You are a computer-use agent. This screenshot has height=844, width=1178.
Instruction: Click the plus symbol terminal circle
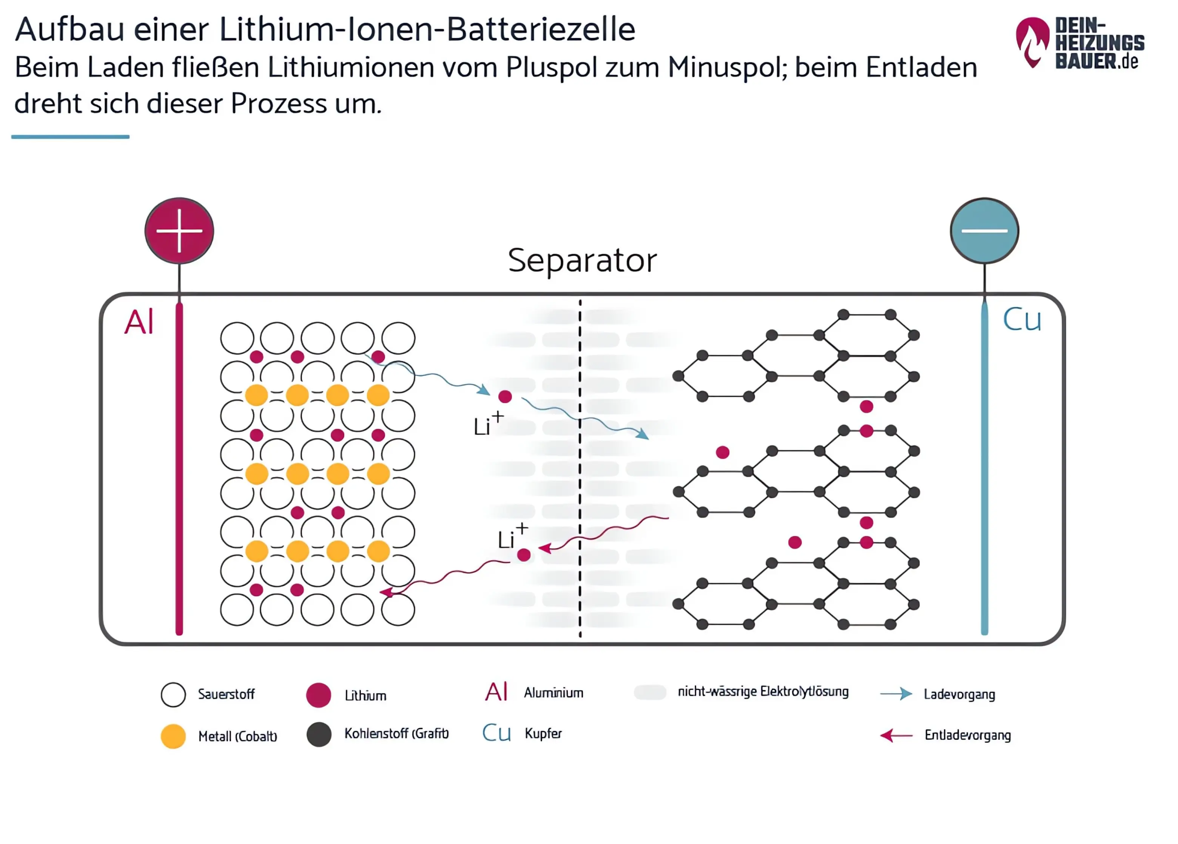point(179,231)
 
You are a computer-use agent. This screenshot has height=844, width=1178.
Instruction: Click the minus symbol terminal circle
point(984,231)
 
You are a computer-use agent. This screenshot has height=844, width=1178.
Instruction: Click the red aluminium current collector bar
point(179,467)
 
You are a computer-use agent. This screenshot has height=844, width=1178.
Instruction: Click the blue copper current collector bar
point(984,467)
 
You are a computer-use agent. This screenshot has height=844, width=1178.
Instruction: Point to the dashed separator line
point(580,467)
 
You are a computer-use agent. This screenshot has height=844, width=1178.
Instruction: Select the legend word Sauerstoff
point(226,695)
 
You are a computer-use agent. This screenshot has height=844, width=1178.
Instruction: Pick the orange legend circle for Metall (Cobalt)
point(173,736)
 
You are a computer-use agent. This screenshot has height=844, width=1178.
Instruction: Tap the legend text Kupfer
point(543,734)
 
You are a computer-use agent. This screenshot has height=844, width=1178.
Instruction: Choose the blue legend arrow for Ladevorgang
point(896,694)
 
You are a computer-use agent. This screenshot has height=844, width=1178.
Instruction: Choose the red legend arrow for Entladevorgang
point(896,735)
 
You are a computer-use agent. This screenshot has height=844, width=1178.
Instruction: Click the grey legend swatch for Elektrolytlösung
point(650,692)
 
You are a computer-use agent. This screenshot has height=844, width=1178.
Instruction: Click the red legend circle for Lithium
point(318,695)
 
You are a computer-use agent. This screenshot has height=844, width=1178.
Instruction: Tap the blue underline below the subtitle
point(70,137)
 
